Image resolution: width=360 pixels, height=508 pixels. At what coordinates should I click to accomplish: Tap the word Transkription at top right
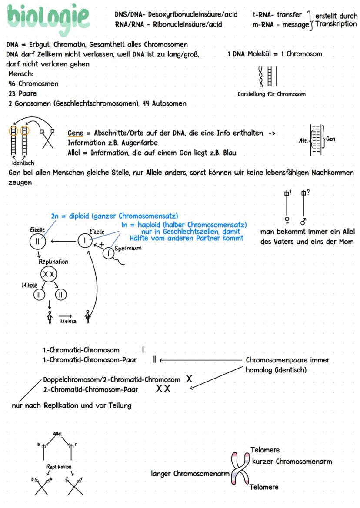click(336, 24)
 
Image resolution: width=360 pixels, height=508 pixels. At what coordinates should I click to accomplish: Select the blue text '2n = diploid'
click(70, 216)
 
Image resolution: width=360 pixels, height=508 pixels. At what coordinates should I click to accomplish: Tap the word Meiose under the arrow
click(68, 322)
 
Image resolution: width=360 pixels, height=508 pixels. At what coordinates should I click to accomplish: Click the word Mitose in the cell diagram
click(30, 286)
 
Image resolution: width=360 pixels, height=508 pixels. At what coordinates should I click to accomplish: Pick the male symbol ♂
click(303, 221)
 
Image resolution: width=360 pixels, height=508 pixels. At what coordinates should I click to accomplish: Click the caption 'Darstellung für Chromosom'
click(271, 94)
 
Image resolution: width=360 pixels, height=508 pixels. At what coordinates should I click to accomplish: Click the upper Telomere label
click(265, 450)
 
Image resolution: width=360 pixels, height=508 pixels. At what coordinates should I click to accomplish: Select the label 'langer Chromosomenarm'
click(190, 473)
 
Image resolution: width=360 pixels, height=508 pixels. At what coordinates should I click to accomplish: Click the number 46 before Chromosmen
click(12, 83)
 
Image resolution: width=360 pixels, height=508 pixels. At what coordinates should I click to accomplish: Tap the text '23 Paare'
click(23, 93)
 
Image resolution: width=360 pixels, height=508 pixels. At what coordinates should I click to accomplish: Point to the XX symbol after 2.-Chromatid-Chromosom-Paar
click(163, 389)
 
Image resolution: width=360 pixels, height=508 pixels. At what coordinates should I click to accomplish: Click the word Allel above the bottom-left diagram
click(57, 434)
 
